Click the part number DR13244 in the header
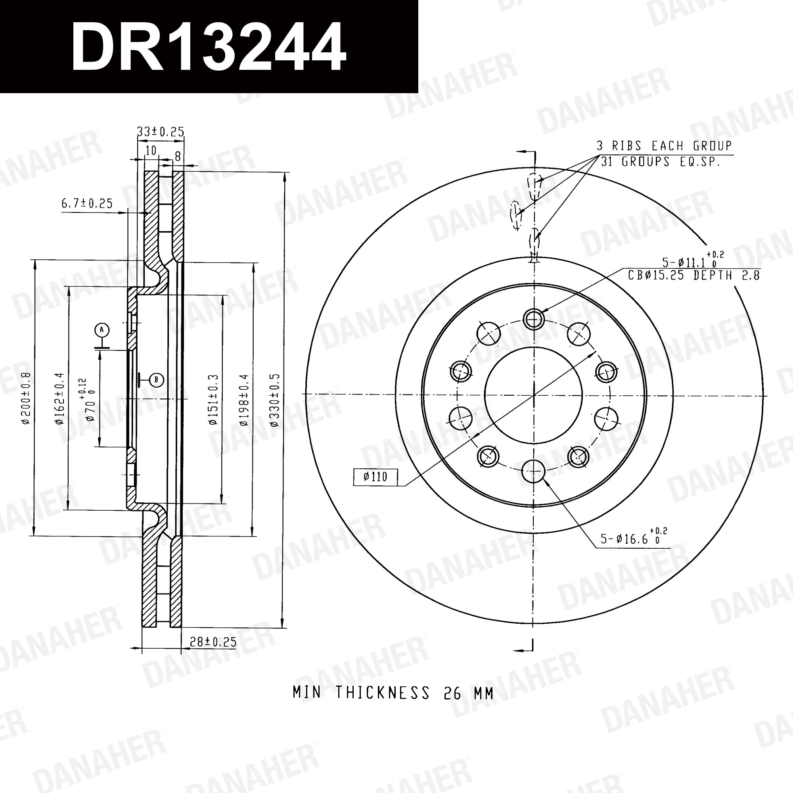click(x=209, y=47)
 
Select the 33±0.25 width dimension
click(x=160, y=131)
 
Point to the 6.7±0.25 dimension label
click(x=87, y=203)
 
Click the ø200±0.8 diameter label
click(x=26, y=398)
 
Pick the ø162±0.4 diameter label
click(x=59, y=398)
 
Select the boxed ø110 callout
click(x=375, y=477)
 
